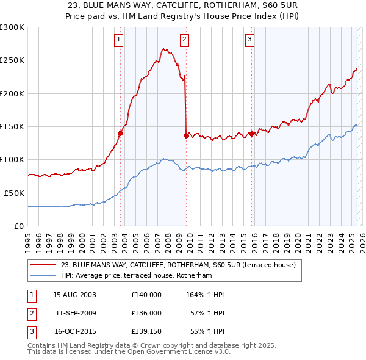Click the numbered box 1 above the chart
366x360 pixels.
pos(118,40)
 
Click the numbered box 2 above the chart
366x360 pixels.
pos(184,40)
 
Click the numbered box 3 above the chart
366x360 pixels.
pos(250,40)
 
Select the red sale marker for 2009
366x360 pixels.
pos(186,136)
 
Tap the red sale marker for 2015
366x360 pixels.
pos(251,134)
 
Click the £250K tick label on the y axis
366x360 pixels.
pos(12,60)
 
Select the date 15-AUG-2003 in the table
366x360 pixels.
pos(74,295)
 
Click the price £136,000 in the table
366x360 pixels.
pos(146,313)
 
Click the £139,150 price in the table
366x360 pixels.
pos(146,332)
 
